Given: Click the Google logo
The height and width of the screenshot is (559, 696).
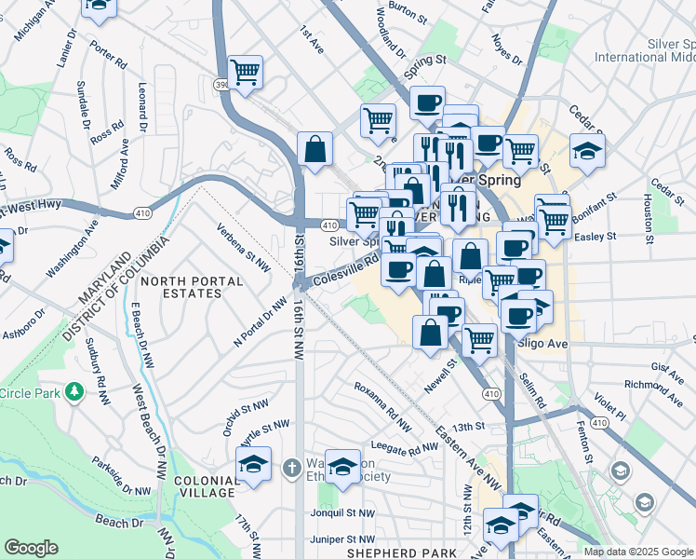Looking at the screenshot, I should [31, 548].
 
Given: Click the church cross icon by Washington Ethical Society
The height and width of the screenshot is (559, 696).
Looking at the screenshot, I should [290, 467].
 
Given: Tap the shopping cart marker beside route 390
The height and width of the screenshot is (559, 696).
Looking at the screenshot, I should [245, 72].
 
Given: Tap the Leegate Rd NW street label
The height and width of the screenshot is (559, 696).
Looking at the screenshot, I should [405, 448].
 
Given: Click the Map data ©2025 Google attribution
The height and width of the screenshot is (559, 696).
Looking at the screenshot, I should [638, 552].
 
